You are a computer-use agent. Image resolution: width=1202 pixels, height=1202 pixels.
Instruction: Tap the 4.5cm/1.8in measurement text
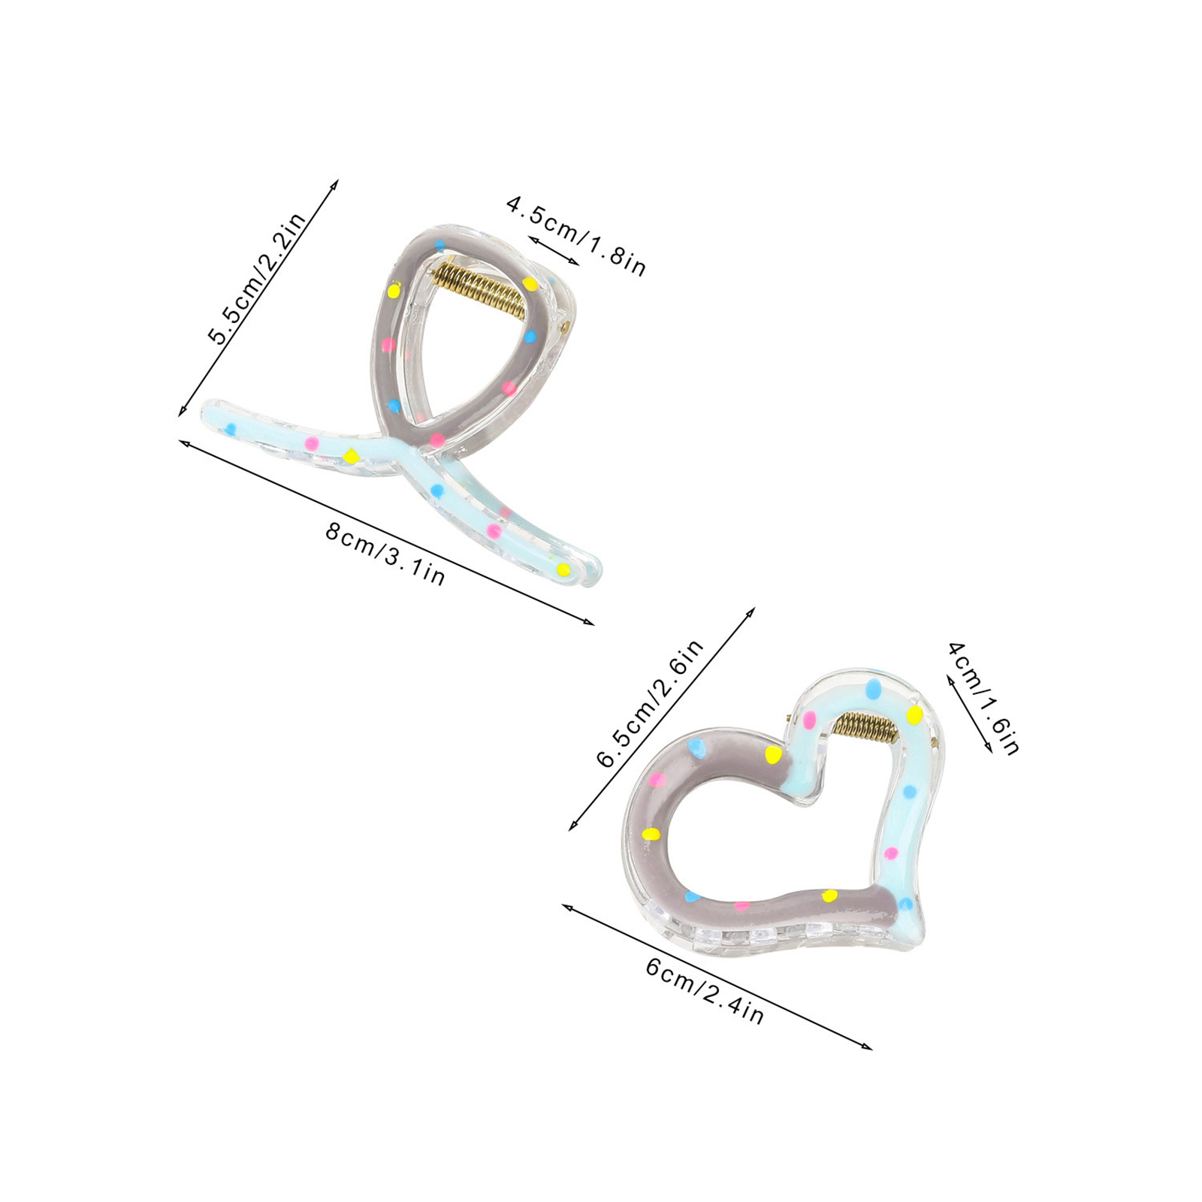[x=576, y=236]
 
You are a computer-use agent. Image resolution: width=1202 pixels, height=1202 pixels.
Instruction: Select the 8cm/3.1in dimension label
[x=385, y=554]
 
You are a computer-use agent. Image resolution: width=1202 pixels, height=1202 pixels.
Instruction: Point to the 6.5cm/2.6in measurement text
[x=651, y=702]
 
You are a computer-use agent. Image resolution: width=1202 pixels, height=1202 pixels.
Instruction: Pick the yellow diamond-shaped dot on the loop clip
[x=350, y=455]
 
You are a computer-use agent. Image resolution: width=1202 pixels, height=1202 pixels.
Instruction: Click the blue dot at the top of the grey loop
[x=439, y=245]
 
